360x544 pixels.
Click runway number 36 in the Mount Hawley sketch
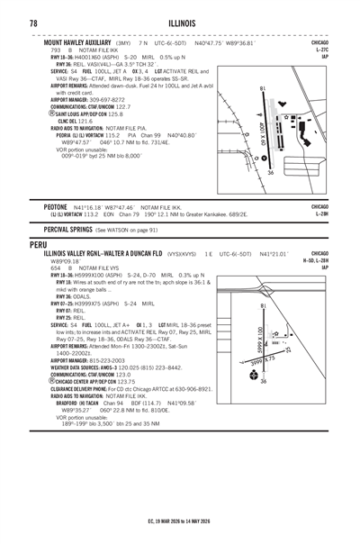click(269, 172)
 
